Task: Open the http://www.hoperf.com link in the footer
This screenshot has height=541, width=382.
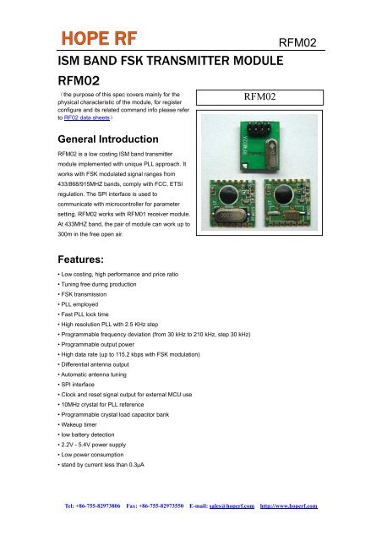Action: click(x=288, y=506)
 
